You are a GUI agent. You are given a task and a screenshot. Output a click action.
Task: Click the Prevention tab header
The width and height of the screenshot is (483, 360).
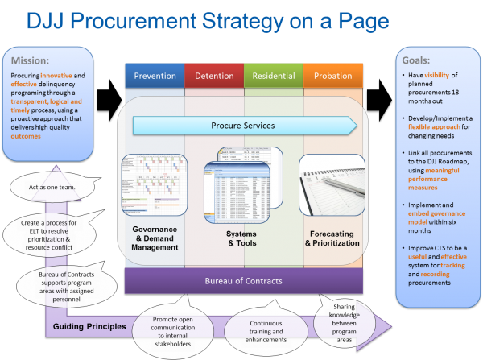pos(155,75)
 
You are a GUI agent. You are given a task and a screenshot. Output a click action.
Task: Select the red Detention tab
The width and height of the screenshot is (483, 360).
pos(214,75)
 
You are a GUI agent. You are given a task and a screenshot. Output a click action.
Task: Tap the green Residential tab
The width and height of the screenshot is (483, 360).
pos(274,75)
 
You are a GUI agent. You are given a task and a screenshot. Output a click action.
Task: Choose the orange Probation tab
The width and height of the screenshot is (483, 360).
pos(333,75)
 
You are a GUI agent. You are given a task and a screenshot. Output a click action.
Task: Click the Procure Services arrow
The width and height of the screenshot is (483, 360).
pos(244,125)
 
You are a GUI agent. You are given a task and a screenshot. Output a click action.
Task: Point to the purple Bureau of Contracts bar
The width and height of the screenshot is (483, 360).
pos(244,281)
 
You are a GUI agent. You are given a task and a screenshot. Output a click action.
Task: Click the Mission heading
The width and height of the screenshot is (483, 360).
pos(31,60)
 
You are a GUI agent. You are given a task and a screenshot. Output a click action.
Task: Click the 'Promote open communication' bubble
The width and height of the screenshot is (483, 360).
pos(171,330)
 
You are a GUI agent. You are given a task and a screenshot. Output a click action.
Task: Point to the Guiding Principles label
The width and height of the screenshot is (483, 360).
pos(88,327)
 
